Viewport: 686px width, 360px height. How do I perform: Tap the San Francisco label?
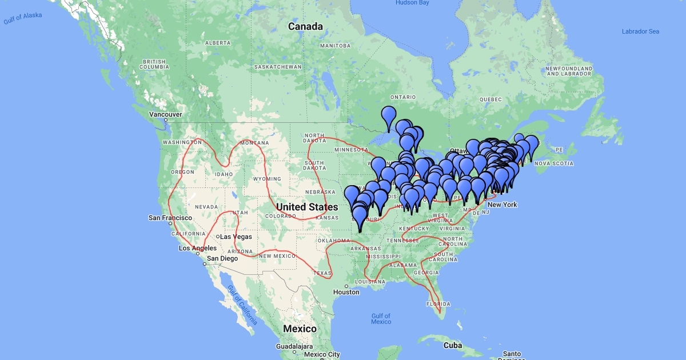pyautogui.click(x=170, y=218)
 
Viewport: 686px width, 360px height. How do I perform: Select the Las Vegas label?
pyautogui.click(x=236, y=237)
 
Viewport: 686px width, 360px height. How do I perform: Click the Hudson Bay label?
pyautogui.click(x=412, y=3)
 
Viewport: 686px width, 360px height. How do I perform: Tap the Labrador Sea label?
pyautogui.click(x=640, y=31)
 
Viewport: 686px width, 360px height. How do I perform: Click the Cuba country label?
pyautogui.click(x=452, y=345)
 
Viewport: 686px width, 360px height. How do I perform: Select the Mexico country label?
pyautogui.click(x=300, y=329)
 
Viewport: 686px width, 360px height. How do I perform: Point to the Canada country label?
pyautogui.click(x=305, y=26)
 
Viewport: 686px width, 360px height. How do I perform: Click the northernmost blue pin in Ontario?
pyautogui.click(x=389, y=116)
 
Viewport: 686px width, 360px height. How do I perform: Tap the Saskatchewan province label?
pyautogui.click(x=277, y=67)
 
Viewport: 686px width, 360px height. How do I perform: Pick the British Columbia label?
pyautogui.click(x=154, y=64)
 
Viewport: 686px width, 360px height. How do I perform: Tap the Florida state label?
pyautogui.click(x=438, y=304)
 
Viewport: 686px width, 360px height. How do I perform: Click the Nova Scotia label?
pyautogui.click(x=554, y=163)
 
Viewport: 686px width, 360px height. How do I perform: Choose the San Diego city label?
pyautogui.click(x=222, y=258)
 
